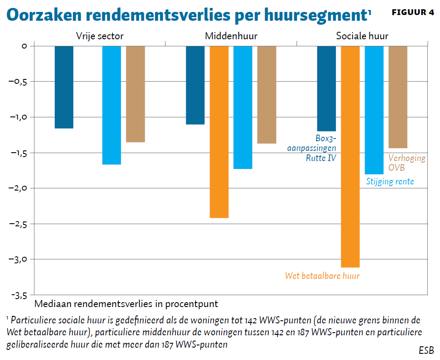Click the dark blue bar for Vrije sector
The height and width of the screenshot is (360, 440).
[x=64, y=87]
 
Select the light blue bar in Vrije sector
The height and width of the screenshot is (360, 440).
[x=112, y=105]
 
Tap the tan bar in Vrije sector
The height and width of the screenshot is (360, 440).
[x=135, y=94]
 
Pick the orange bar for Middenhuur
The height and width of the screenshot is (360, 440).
[x=219, y=132]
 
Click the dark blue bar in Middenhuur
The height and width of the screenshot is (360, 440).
[x=195, y=85]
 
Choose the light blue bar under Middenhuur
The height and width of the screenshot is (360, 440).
[x=243, y=107]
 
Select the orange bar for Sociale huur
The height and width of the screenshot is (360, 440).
[x=350, y=157]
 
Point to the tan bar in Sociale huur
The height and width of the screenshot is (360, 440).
[x=398, y=97]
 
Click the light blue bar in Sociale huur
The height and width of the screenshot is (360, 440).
[x=374, y=110]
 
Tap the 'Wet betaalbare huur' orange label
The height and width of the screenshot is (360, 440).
[x=322, y=276]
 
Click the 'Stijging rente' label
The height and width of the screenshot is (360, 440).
[x=390, y=181]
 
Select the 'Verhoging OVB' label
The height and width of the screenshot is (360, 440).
[x=406, y=163]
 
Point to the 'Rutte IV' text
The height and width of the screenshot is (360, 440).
[x=321, y=157]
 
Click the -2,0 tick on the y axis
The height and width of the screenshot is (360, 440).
[x=18, y=188]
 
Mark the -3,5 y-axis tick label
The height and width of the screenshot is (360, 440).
[x=18, y=295]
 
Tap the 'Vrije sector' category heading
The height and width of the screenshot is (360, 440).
[x=100, y=36]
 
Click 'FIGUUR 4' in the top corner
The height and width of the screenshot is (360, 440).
[x=413, y=12]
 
